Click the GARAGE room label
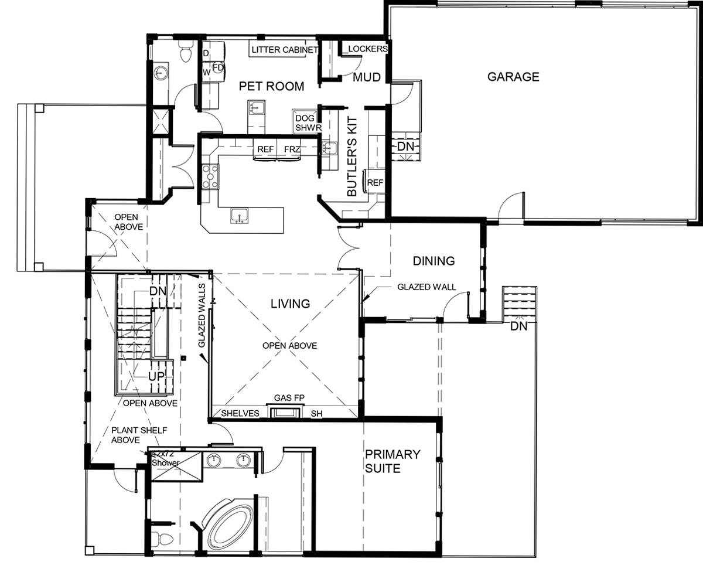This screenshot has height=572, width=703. (513, 77)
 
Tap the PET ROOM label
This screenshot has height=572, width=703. (271, 87)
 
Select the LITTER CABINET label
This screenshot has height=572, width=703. (285, 50)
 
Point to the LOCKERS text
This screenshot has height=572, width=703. (368, 49)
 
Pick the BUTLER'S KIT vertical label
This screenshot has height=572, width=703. (352, 156)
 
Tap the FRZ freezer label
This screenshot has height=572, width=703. (292, 149)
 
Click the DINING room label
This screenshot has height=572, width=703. (434, 261)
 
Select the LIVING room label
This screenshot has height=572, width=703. (291, 304)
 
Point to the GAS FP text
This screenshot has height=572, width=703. (289, 398)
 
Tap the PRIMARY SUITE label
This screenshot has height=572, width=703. (393, 461)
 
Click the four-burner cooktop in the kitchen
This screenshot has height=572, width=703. (210, 176)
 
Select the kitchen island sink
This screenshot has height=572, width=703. (239, 216)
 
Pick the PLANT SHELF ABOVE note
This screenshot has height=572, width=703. (139, 435)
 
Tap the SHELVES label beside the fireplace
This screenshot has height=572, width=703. (240, 414)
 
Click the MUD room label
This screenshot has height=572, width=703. (367, 77)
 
